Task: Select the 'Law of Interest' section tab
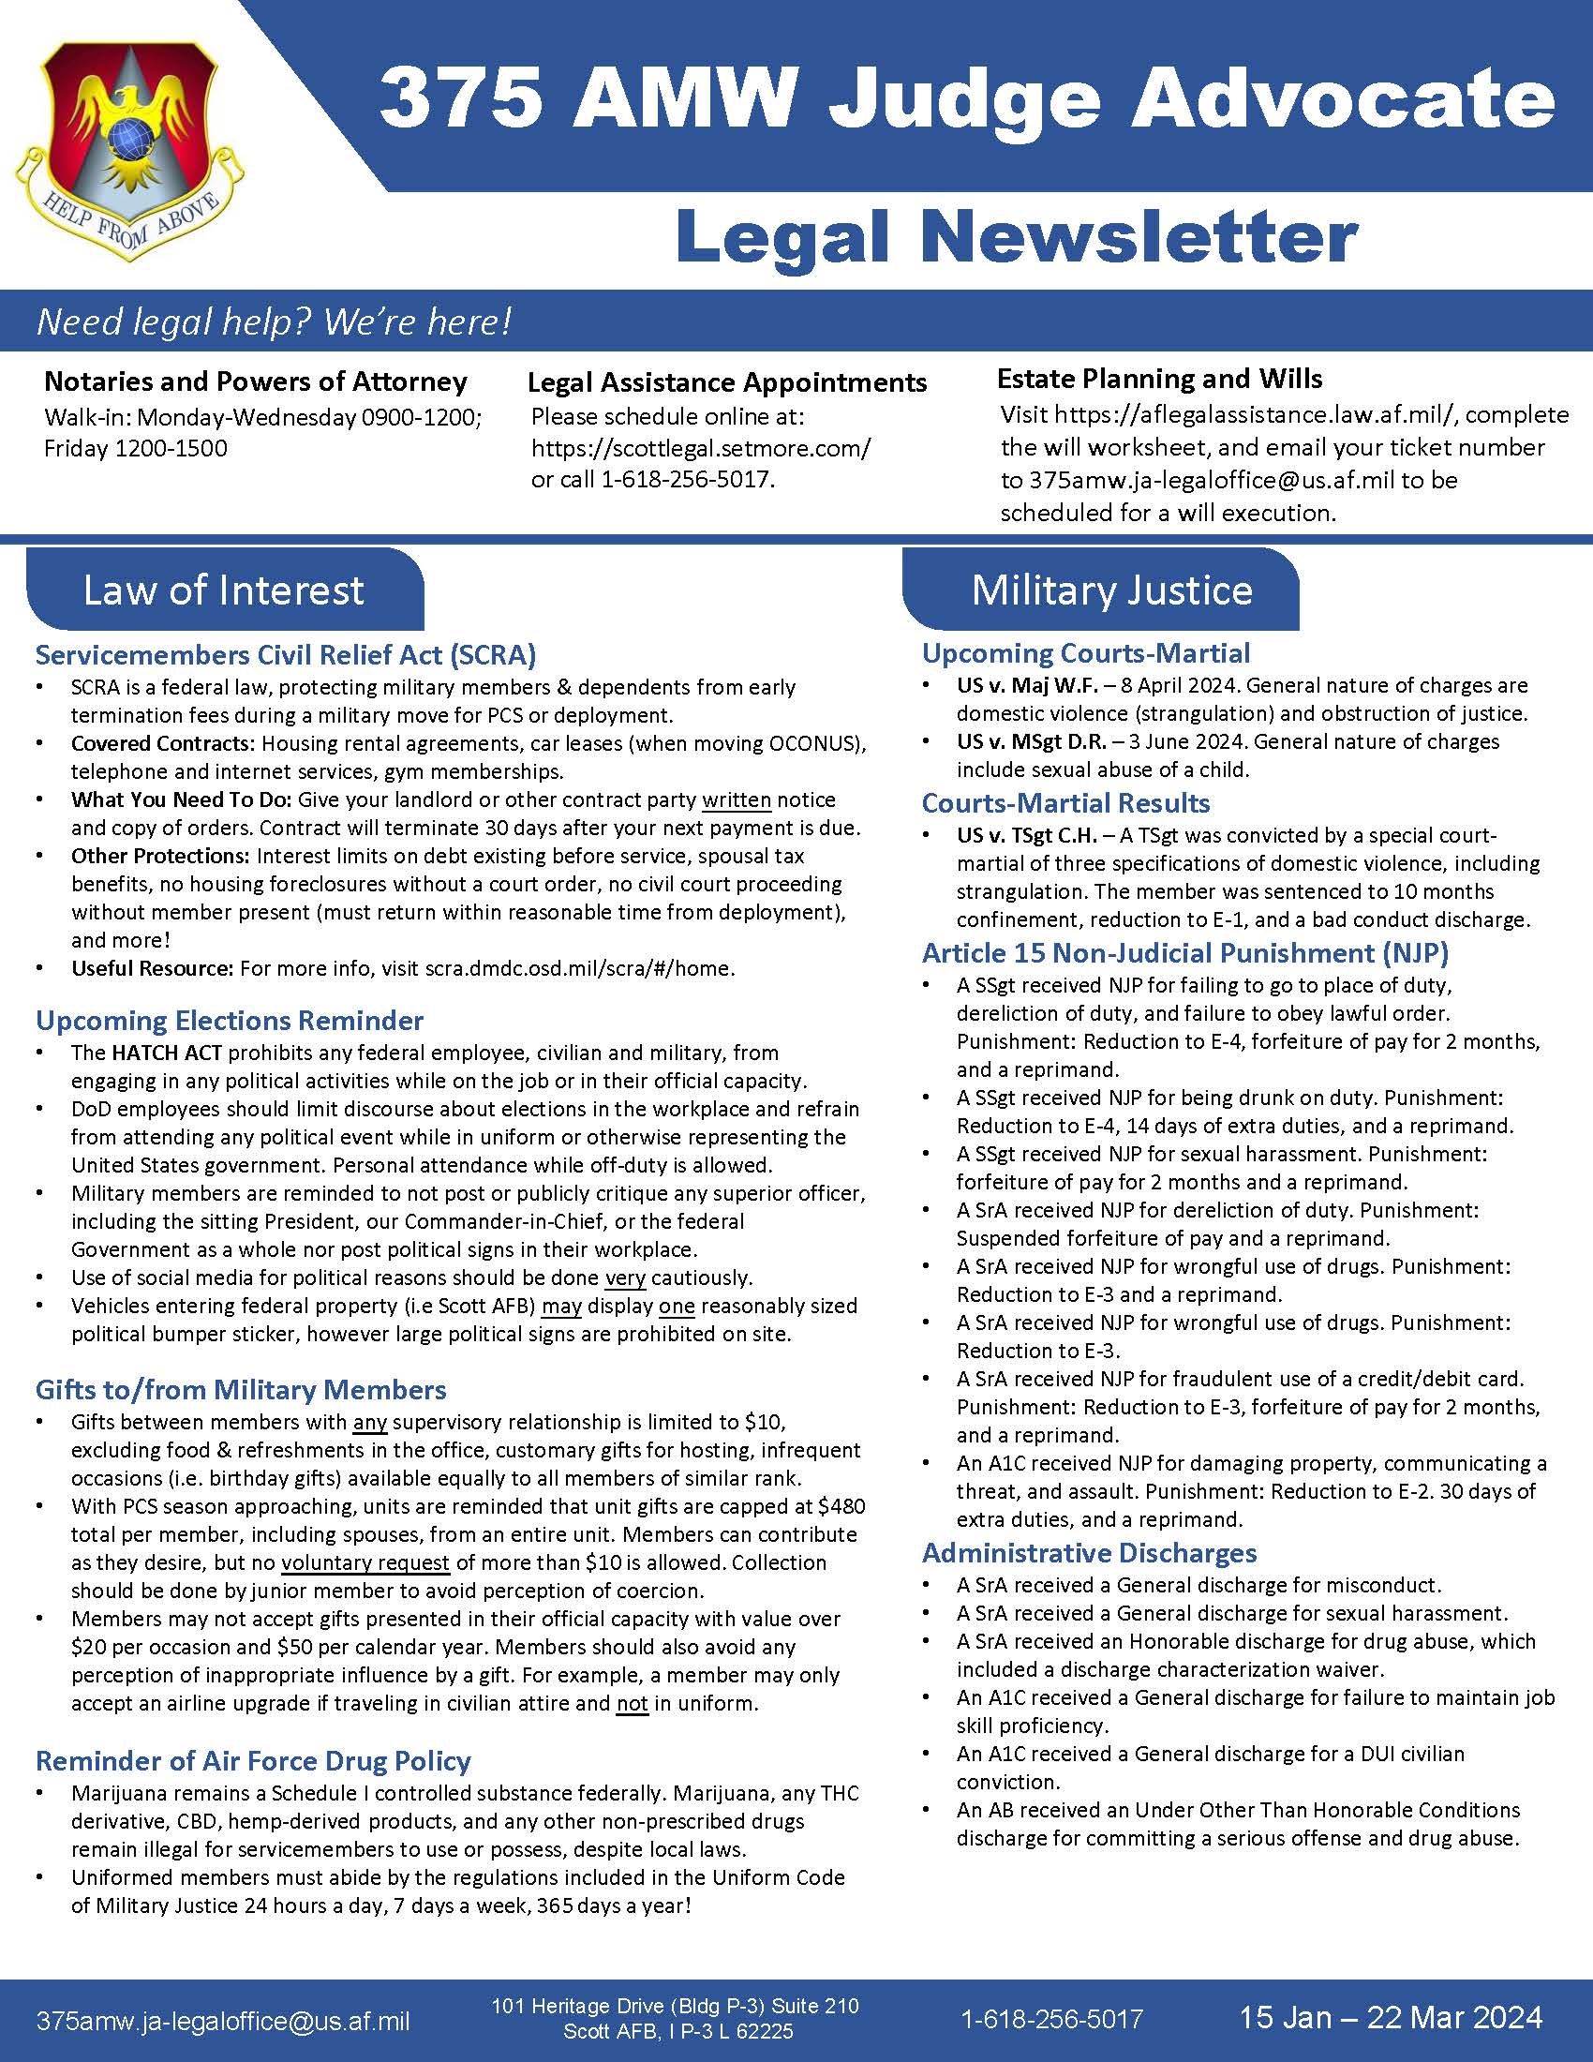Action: click(x=224, y=590)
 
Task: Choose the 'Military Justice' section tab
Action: click(x=1111, y=590)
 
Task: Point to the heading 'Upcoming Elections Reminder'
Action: click(x=230, y=1021)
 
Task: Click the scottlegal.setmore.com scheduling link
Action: click(x=700, y=447)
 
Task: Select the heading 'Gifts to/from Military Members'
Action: click(x=241, y=1390)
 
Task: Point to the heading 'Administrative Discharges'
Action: click(x=1089, y=1553)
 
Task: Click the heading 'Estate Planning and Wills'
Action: click(x=1159, y=380)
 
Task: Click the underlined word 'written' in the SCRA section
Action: click(x=737, y=799)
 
